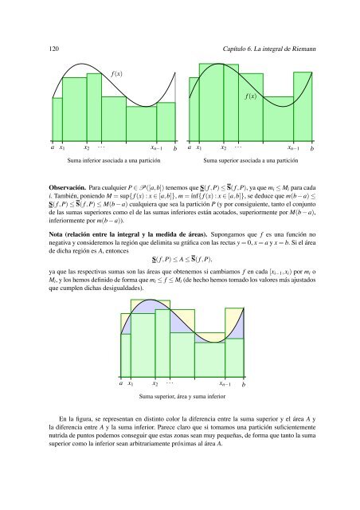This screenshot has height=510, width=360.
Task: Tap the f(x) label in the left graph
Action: point(117,74)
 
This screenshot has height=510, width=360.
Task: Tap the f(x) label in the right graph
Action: point(251,97)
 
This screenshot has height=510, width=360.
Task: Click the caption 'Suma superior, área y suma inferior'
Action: point(182,396)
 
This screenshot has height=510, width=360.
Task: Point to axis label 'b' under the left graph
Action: point(175,148)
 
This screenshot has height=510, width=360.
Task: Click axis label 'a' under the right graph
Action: point(188,147)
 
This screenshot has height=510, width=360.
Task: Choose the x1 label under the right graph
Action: point(200,148)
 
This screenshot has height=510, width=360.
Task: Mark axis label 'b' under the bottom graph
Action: point(243,384)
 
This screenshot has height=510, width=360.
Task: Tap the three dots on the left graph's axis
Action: point(101,147)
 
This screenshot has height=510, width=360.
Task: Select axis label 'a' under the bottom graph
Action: point(120,382)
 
